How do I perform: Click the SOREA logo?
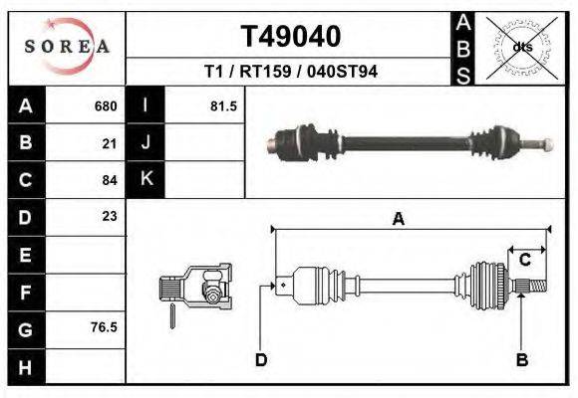67,46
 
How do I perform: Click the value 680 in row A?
106,106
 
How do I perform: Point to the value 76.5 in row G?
105,326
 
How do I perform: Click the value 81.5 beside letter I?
223,106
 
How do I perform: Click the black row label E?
26,254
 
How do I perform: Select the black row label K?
146,180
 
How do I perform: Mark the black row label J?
146,143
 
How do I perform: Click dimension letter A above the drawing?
398,220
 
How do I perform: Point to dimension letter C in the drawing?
524,260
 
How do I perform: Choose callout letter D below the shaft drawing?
261,359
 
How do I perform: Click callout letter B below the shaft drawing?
521,359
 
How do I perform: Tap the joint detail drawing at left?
196,289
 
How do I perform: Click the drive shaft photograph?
409,142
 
